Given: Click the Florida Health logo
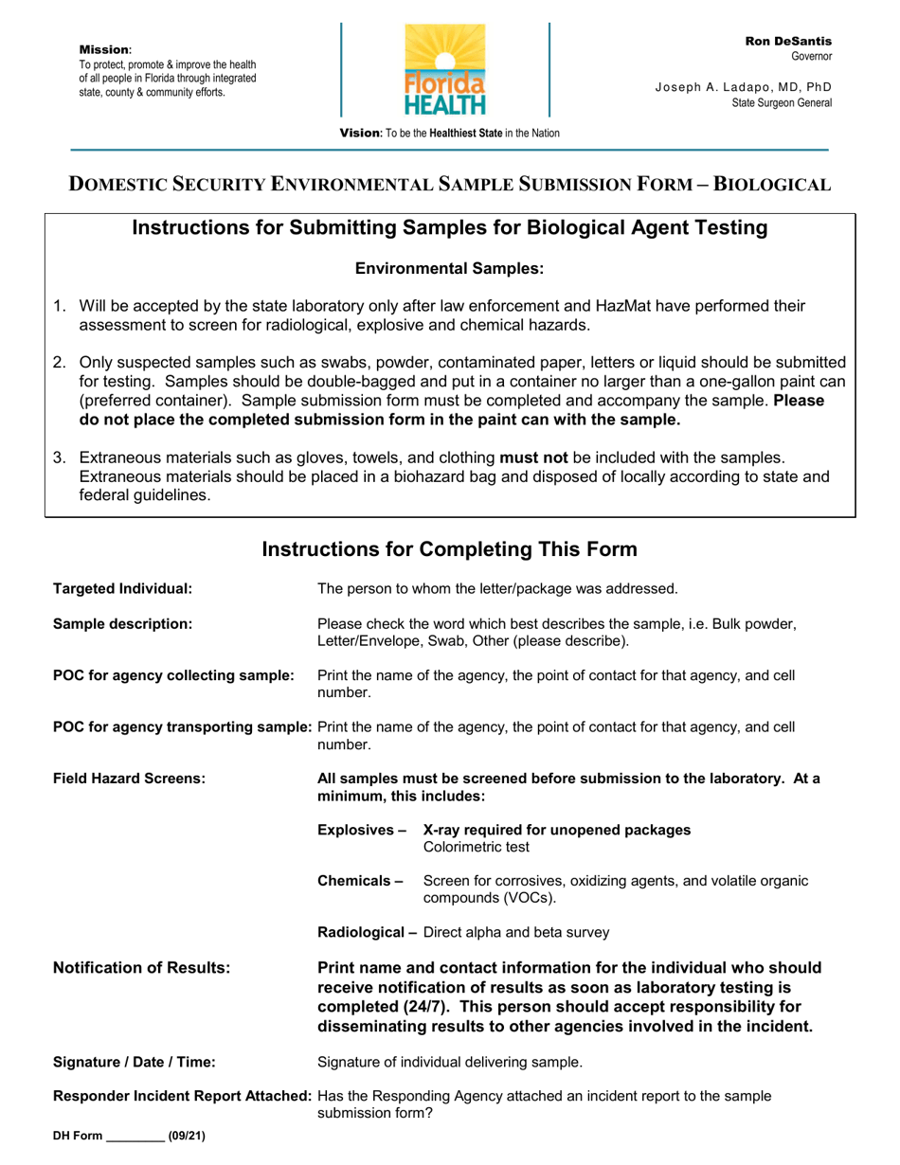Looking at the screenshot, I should [445, 70].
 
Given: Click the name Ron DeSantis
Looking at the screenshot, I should [788, 42].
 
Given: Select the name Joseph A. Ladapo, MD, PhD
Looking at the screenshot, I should [743, 87].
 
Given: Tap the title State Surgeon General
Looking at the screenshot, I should [782, 102].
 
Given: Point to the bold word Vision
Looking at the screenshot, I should [360, 134].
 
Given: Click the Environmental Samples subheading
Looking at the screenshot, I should [449, 269].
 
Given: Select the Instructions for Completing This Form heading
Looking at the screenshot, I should [449, 549].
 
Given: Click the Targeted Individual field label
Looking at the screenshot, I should [122, 588].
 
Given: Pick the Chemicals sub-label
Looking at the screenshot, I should [360, 881].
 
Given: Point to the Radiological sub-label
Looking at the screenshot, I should [368, 932].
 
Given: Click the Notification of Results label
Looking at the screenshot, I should [141, 968].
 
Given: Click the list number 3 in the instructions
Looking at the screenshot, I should [59, 458].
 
